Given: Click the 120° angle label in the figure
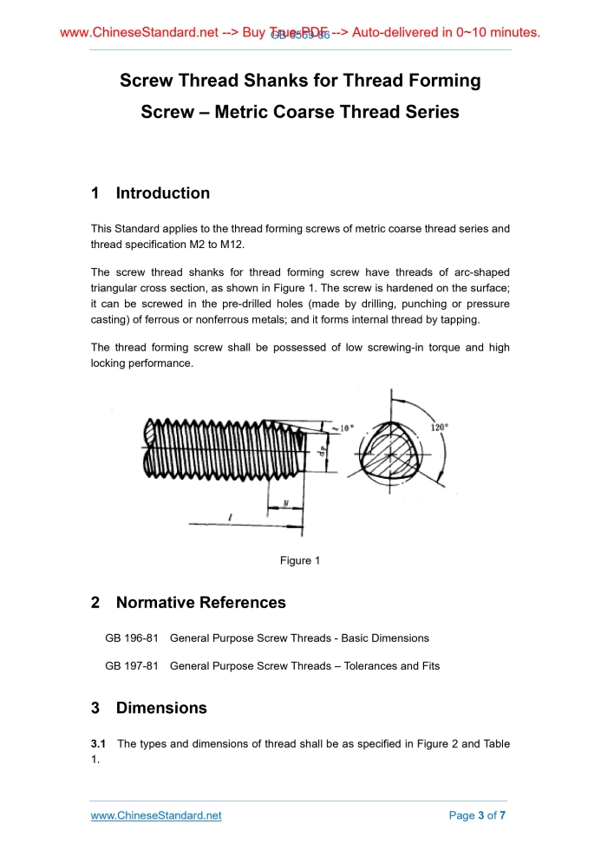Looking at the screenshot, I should [441, 428].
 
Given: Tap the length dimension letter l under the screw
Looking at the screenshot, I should [229, 517].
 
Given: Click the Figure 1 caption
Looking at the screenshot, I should [300, 561].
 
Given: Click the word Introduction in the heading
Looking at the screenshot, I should [163, 193].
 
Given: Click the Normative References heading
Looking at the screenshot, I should [200, 603].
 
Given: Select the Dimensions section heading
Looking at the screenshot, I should [161, 708].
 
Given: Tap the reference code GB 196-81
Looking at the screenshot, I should [131, 638].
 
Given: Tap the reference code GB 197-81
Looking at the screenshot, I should [131, 666].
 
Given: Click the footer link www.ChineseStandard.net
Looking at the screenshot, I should [156, 815].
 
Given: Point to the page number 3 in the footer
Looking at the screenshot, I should [481, 815].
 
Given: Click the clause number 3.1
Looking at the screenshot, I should [99, 744].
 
